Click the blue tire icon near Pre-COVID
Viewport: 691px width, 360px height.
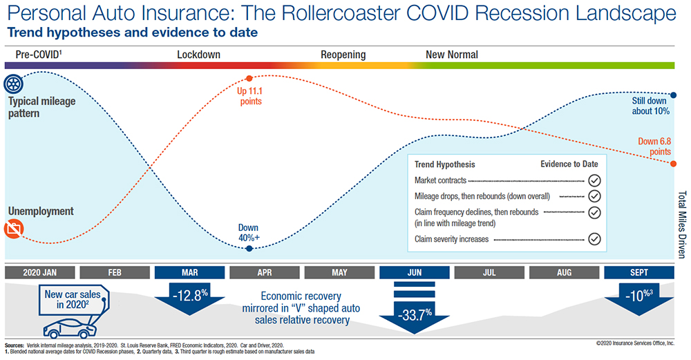click(x=13, y=84)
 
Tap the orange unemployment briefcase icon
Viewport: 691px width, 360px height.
click(x=12, y=230)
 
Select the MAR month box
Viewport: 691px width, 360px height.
click(x=190, y=272)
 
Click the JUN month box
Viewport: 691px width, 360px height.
click(x=414, y=272)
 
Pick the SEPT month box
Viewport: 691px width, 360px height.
click(x=638, y=272)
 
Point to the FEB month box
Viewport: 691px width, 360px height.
click(x=115, y=272)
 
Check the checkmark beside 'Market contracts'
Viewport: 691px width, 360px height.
click(x=594, y=180)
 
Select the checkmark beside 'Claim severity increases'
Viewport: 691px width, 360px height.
click(x=594, y=239)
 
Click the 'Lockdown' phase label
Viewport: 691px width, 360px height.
click(x=196, y=55)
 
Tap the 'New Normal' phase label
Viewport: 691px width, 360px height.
click(x=451, y=55)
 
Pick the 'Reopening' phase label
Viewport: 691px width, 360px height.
click(x=343, y=55)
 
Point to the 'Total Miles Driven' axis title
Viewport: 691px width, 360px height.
click(x=682, y=225)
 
